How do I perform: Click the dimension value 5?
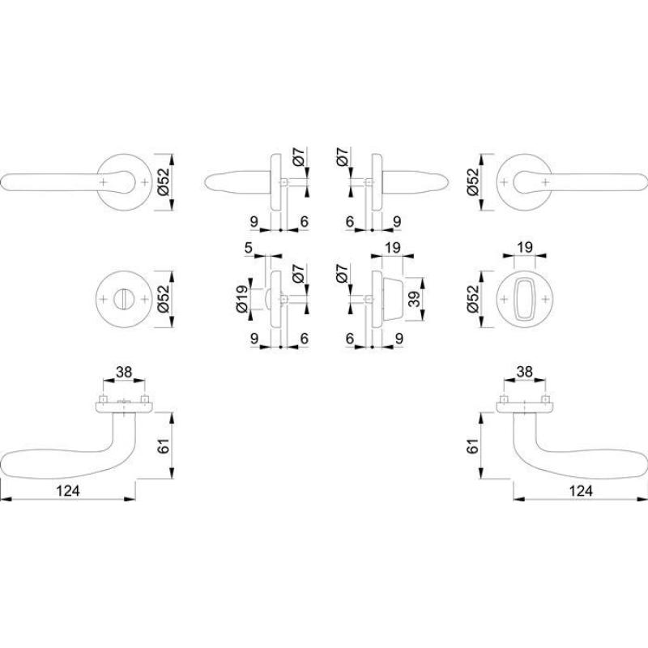[248, 248]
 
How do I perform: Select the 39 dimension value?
[414, 299]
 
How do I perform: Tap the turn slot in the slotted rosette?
[124, 299]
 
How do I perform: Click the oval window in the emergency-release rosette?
[525, 299]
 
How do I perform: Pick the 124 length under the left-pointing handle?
[68, 491]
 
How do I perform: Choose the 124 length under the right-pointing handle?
[581, 491]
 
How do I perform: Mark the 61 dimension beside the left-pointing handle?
[164, 446]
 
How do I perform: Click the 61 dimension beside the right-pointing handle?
[472, 446]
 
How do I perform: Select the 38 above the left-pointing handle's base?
[124, 372]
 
